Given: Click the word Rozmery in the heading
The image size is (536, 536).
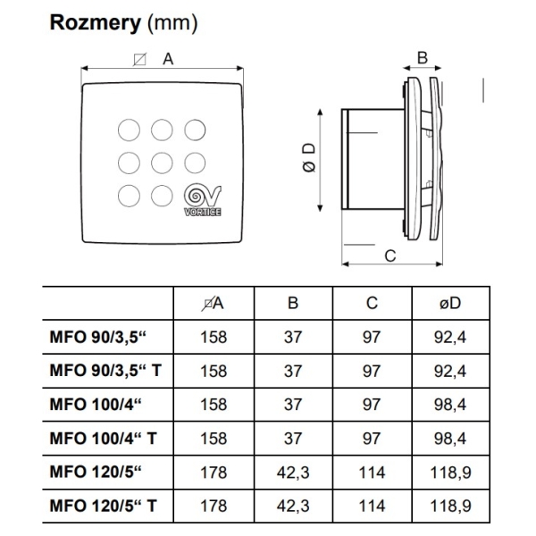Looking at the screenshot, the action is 96,23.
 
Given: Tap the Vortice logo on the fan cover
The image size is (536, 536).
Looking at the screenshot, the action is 203,201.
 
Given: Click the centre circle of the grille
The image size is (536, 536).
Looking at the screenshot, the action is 162,163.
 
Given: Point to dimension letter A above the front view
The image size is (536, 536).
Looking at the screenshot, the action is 168,60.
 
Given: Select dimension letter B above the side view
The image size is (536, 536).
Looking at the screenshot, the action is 423,58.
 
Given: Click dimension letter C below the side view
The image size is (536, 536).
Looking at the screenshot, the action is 390,255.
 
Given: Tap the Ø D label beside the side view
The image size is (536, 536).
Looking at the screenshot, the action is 310,157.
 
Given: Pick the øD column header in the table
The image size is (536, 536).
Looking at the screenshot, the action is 450,303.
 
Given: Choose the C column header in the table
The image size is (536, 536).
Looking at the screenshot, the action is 372,303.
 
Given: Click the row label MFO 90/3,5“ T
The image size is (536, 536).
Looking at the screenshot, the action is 105,371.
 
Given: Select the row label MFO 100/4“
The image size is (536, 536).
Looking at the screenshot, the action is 96,405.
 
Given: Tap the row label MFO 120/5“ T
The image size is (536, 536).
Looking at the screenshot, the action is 104,506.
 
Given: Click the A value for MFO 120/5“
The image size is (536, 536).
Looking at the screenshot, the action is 214,472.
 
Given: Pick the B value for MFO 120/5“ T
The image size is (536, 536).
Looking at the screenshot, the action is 293,506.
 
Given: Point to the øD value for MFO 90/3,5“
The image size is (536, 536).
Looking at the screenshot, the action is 450,337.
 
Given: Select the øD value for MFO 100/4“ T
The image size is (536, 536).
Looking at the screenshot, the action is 450,439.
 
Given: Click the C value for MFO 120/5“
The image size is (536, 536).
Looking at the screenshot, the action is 372,472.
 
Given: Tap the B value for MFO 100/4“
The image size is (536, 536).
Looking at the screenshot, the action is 293,405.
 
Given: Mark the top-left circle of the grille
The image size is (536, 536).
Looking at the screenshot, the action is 129,130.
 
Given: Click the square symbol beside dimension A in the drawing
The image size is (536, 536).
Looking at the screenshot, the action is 140,59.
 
